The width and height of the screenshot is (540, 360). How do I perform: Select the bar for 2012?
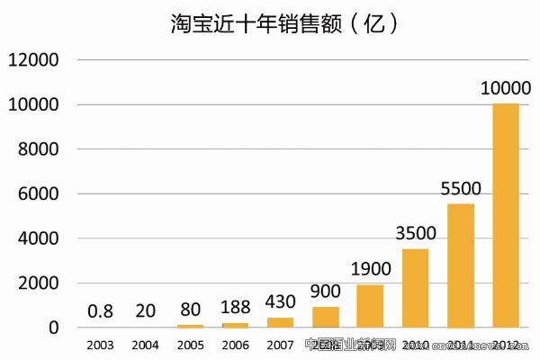(506, 216)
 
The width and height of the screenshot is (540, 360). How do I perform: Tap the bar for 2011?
(461, 265)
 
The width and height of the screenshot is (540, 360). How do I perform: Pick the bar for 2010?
(416, 288)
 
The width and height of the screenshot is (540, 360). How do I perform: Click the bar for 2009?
(371, 306)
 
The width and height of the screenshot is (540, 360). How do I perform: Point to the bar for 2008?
(326, 317)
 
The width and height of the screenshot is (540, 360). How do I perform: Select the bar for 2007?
(281, 322)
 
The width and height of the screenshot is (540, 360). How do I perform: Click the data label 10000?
(506, 89)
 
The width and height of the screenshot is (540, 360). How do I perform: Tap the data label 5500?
(461, 189)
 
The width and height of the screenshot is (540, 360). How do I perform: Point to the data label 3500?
(416, 234)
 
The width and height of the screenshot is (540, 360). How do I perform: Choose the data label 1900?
(371, 270)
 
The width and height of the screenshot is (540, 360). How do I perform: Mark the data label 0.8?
(100, 311)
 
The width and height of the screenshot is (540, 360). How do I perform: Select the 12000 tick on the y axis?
(33, 60)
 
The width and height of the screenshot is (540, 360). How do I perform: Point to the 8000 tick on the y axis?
(38, 149)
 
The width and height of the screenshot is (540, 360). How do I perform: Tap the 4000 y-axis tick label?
(38, 238)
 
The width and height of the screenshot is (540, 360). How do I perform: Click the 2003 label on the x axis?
(100, 345)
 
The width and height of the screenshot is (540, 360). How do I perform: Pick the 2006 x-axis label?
(236, 345)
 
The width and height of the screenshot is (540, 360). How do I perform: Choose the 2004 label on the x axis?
(146, 345)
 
